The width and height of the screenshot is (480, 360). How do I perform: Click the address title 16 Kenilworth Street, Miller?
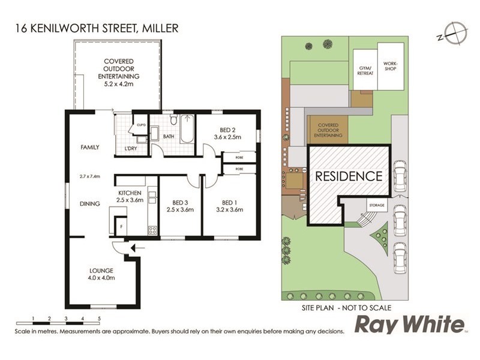pyautogui.click(x=96, y=28)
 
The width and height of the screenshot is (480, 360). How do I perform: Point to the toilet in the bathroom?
pyautogui.click(x=173, y=121)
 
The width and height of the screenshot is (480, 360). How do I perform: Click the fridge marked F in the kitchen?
pyautogui.click(x=122, y=227)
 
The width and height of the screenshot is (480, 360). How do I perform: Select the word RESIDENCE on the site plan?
pyautogui.click(x=349, y=176)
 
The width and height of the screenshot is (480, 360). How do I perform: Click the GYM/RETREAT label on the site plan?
pyautogui.click(x=365, y=70)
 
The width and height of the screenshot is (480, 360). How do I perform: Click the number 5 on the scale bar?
pyautogui.click(x=100, y=318)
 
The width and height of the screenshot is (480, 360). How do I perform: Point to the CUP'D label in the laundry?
pyautogui.click(x=142, y=125)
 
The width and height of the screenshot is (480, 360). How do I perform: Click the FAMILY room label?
pyautogui.click(x=90, y=147)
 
